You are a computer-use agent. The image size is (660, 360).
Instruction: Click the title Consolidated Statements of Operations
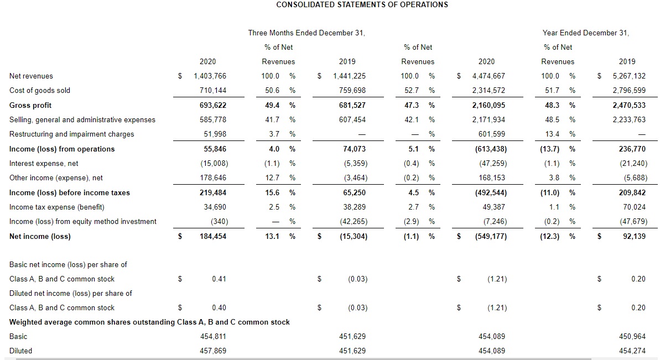click(362, 4)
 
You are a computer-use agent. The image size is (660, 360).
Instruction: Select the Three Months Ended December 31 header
click(306, 33)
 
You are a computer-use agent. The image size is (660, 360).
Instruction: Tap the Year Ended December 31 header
click(586, 33)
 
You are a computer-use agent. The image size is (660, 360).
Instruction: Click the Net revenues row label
click(32, 76)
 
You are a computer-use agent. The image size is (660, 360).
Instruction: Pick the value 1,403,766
click(210, 76)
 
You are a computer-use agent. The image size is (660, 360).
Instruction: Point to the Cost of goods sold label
click(40, 90)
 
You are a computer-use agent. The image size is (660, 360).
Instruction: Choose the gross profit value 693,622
click(212, 105)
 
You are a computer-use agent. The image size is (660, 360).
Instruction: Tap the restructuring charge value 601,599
click(491, 134)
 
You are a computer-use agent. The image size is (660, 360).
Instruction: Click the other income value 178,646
click(213, 178)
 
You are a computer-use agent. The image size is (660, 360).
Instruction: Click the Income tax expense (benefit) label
click(57, 207)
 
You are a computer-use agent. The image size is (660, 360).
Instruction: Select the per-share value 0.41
click(219, 279)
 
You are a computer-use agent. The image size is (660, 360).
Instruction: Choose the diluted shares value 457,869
click(213, 351)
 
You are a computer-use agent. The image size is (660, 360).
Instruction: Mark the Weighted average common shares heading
click(149, 322)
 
